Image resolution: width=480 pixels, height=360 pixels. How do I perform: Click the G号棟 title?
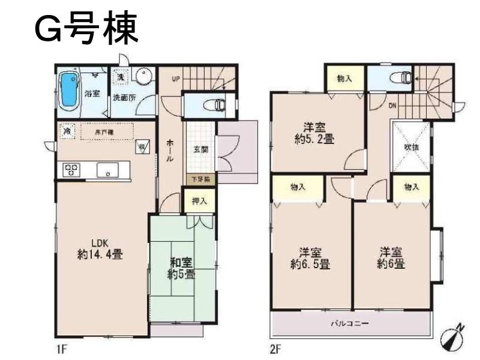88,28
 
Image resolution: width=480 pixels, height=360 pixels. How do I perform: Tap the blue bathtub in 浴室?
68,90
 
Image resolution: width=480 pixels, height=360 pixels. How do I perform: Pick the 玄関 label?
201,150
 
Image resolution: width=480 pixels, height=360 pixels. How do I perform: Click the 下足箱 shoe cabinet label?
200,179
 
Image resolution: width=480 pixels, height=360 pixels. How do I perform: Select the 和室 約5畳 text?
181,268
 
